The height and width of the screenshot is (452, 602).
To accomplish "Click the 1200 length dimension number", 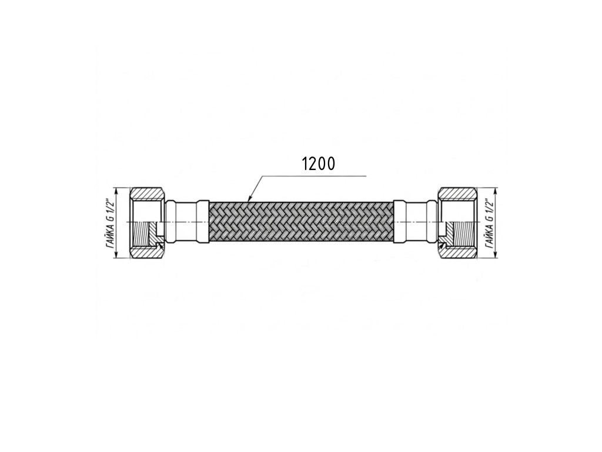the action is coord(319,164).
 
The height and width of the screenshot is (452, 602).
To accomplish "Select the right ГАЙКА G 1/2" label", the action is coord(489,223).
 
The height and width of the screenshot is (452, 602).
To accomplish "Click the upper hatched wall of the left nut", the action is coord(146,193).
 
